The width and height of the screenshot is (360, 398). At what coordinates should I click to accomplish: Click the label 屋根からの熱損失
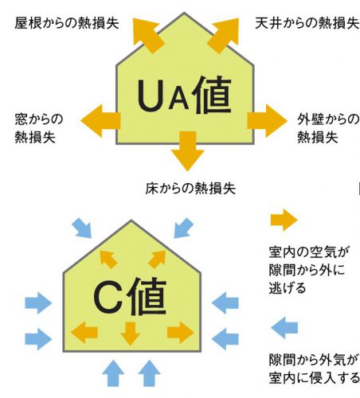coord(67,23)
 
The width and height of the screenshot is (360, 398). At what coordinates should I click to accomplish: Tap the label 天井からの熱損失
coord(307,23)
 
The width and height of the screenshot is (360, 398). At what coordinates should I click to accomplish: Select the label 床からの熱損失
coord(190,189)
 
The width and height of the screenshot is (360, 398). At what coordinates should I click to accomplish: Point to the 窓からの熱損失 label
coord(39,128)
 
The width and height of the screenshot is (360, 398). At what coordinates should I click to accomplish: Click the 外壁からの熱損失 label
coord(328,128)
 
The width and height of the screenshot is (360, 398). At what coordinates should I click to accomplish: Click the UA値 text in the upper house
coord(184,96)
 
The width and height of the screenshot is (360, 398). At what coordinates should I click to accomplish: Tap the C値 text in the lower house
coord(130,296)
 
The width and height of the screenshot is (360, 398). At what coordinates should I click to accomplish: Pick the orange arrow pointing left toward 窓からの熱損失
coord(100,121)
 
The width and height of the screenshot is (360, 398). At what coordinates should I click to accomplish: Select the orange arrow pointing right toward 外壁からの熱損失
coord(268,121)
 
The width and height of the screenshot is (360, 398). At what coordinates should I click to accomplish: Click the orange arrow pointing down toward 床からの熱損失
coord(188,151)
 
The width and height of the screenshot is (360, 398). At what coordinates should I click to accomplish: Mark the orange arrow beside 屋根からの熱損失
coord(147,34)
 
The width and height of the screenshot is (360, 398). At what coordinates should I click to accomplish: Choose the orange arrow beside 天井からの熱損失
coord(224,34)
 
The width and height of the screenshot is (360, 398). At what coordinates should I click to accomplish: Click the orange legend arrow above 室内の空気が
coord(284,220)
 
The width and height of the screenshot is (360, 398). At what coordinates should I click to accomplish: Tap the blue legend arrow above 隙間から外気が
coord(284,327)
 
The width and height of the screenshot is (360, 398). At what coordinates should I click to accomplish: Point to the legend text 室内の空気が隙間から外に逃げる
coord(309,270)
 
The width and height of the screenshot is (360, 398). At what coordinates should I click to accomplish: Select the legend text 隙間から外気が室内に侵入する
coord(314,369)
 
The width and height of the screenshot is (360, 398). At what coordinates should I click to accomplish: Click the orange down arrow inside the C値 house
coord(130,334)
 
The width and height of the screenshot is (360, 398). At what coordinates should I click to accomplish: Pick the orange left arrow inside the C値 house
coord(84,332)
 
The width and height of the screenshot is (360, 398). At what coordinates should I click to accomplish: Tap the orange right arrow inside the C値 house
coord(181,332)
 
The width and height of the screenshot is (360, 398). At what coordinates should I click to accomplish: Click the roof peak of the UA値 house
coord(184,13)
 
